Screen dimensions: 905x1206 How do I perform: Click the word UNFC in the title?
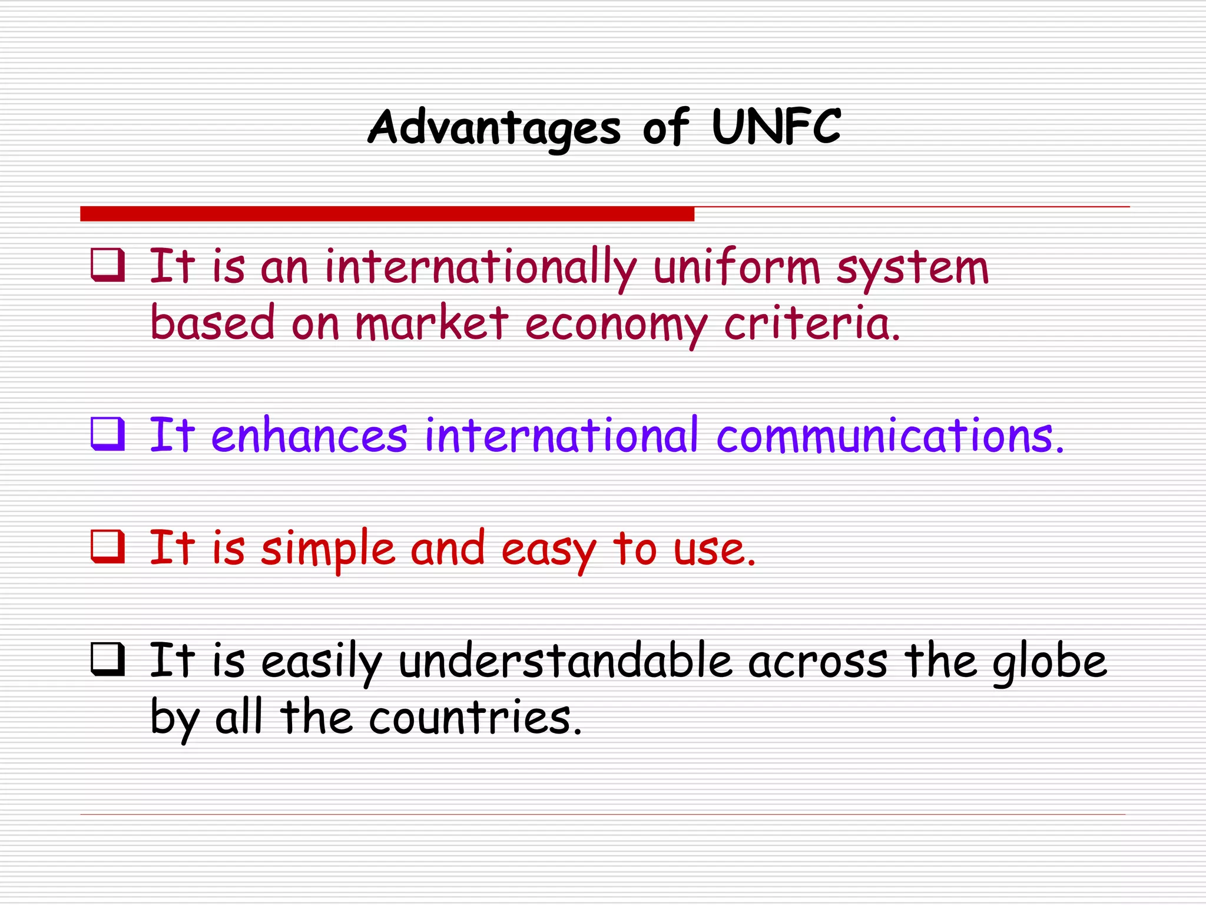(x=776, y=127)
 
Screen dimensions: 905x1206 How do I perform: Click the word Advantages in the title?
(x=494, y=128)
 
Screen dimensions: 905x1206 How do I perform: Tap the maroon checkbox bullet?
(x=108, y=266)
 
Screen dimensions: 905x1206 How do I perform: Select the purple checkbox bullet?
(x=108, y=434)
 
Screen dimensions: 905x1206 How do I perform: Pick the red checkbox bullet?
(x=108, y=547)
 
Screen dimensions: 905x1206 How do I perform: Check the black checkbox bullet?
(x=108, y=659)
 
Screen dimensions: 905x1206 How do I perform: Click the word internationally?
(x=481, y=269)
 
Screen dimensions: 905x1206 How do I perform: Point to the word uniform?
(x=737, y=267)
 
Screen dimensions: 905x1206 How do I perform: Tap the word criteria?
(x=811, y=324)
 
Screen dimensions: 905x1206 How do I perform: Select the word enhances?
(x=309, y=436)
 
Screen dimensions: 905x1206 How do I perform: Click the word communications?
(x=890, y=436)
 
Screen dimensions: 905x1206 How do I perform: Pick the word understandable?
(x=565, y=661)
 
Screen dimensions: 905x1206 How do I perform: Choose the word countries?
(x=475, y=718)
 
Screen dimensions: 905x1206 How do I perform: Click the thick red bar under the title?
(x=387, y=214)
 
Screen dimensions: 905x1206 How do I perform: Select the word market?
(x=432, y=323)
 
